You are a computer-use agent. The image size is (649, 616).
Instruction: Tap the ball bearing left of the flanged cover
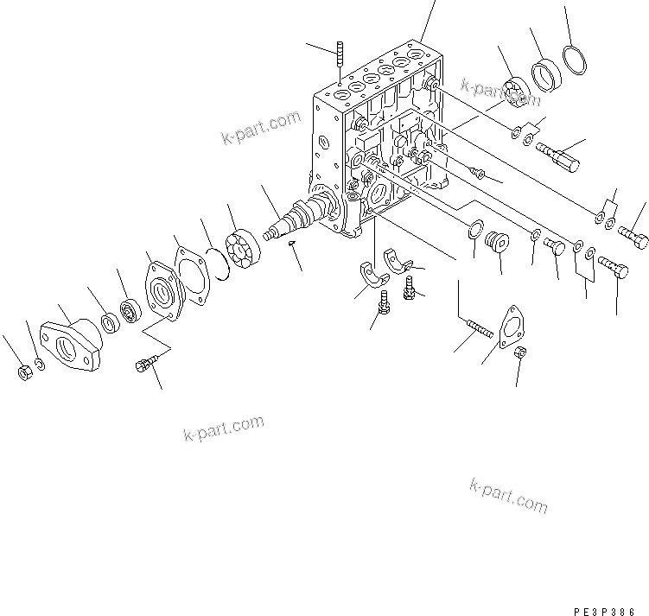[x=132, y=309]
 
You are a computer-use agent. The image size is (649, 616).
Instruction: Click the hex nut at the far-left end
[x=25, y=372]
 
